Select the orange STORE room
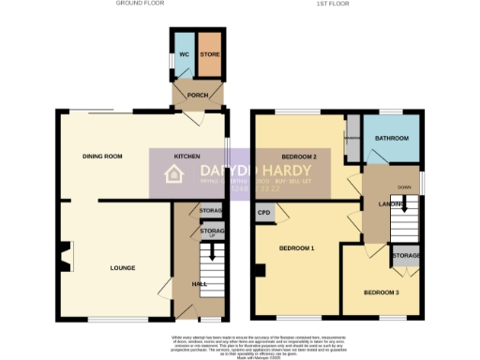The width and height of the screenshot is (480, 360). [209, 55]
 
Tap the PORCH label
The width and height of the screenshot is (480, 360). [197, 96]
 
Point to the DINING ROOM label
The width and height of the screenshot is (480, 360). [103, 156]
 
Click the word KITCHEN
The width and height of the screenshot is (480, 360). [188, 156]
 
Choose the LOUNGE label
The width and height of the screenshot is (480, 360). [122, 267]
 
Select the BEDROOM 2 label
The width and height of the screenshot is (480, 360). [299, 156]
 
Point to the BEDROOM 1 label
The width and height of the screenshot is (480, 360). [296, 248]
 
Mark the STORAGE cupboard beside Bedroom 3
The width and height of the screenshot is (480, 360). [406, 255]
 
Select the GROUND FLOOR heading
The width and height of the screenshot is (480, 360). [139, 4]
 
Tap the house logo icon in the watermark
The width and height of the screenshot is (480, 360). [174, 173]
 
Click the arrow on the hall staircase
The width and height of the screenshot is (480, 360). [212, 251]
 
